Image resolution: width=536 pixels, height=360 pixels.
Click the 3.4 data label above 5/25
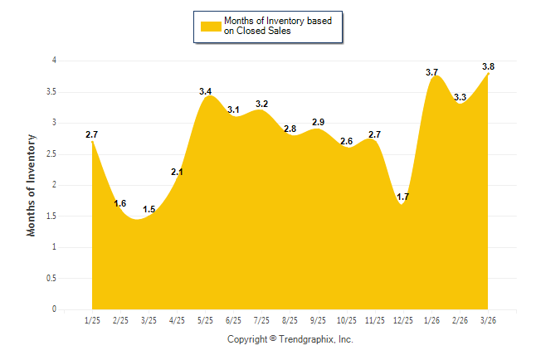coord(205,90)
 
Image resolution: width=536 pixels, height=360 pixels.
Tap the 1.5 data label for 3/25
coord(149,209)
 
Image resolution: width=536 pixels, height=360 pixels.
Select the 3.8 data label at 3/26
coord(489,66)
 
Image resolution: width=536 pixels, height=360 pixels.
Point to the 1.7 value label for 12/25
coord(403,197)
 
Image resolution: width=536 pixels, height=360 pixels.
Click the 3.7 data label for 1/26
coord(432,73)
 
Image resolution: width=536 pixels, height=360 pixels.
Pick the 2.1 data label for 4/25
coord(177,172)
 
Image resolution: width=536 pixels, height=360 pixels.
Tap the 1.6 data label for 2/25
coord(120,203)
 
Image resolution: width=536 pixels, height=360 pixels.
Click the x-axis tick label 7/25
coord(261,319)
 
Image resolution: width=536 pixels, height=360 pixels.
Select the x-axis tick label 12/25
coord(403,319)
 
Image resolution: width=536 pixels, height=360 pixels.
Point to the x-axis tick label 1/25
coord(92,319)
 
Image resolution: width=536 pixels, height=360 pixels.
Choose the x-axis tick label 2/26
coord(460,319)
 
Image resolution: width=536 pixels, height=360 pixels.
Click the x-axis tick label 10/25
coord(347,319)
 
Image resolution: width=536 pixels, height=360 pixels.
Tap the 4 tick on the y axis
coord(54,61)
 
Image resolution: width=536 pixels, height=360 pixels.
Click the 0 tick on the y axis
coord(54,309)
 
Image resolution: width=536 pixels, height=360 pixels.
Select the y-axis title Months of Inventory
coord(32,185)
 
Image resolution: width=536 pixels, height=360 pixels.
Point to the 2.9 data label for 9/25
coord(318,122)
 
